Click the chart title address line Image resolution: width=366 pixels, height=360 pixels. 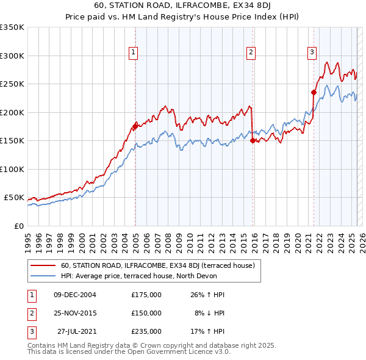tap(182, 6)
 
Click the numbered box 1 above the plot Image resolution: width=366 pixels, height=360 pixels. tap(133, 53)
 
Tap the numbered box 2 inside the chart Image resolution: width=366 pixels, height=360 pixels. tap(251, 53)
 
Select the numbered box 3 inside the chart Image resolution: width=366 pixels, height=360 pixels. tap(312, 53)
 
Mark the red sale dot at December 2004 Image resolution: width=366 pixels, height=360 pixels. tap(135, 127)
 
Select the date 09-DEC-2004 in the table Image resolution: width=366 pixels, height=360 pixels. tap(75, 295)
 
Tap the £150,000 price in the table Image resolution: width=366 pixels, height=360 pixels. tap(146, 313)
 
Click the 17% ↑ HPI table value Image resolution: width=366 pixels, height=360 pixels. tap(207, 331)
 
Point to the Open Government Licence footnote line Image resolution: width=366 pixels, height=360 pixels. tap(129, 352)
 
